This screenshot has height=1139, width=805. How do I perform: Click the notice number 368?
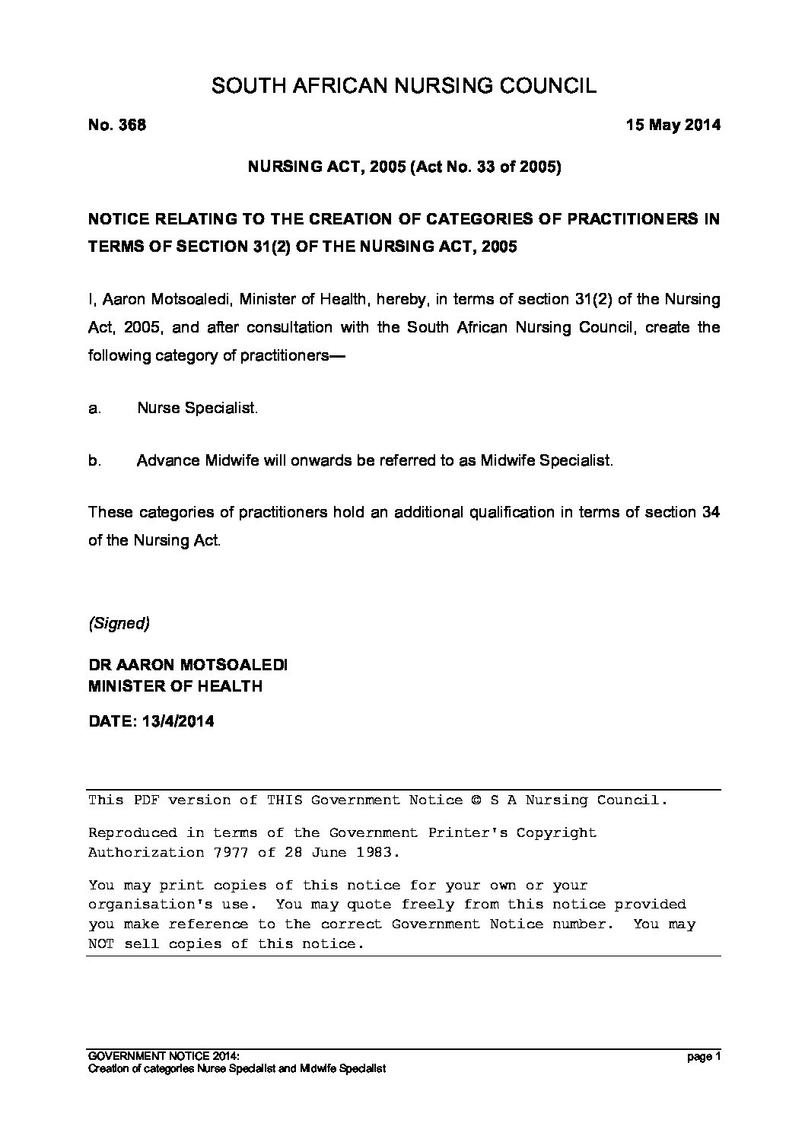point(131,125)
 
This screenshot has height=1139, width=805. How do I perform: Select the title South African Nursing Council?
point(403,85)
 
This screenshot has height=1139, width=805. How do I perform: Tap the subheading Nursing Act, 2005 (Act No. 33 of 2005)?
point(404,167)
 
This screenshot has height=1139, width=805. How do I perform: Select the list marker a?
point(94,409)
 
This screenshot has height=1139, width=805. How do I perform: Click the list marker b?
point(94,461)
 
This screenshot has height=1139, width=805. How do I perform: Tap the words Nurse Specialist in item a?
point(197,409)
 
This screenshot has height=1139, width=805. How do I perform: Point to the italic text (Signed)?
point(119,624)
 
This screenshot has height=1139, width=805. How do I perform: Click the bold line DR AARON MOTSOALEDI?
point(188,665)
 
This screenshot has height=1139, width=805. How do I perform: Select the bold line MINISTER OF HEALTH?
point(176,686)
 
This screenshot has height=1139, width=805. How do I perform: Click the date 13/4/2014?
point(177,721)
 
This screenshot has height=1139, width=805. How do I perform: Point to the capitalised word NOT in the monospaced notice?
point(101,944)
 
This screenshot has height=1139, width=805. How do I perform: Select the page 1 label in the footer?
point(702,1057)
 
